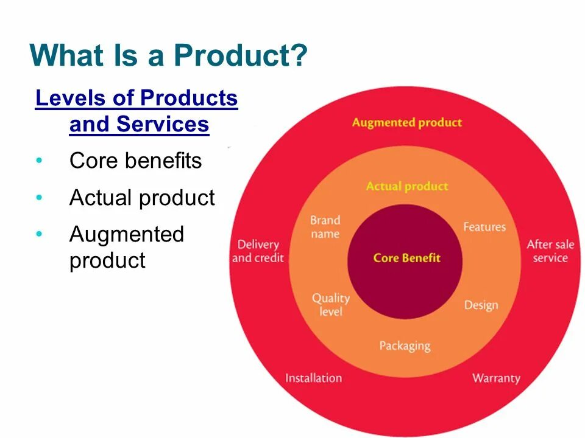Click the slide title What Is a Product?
click(168, 56)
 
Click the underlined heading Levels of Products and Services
click(136, 111)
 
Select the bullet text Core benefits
click(135, 161)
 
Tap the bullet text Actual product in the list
click(142, 198)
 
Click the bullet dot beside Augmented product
click(40, 234)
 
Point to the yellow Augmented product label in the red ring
click(406, 122)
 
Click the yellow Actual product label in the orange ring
click(406, 186)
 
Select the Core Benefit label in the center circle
click(406, 258)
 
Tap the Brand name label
click(325, 227)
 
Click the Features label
click(484, 227)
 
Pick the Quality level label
click(330, 304)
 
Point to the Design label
click(481, 305)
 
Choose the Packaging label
click(405, 346)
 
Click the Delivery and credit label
click(258, 251)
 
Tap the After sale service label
click(550, 251)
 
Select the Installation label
click(313, 378)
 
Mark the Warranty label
click(496, 378)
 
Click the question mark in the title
click(298, 56)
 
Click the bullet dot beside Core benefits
click(40, 161)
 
